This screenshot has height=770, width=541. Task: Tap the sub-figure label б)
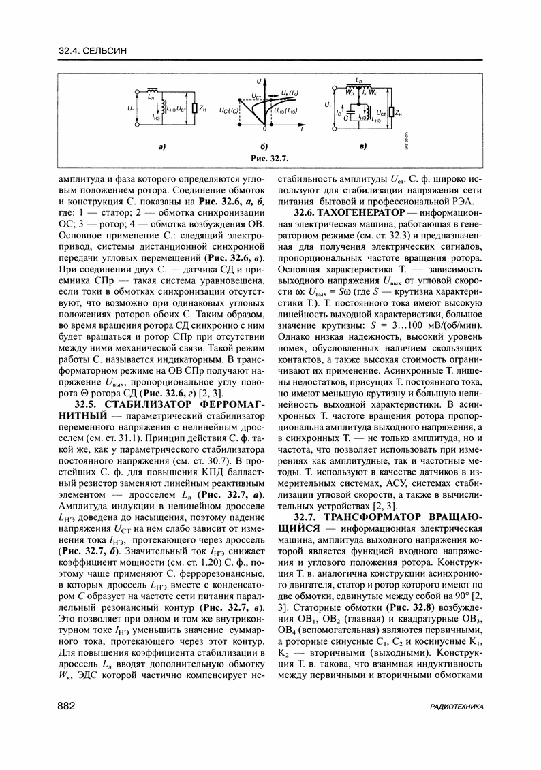tap(264, 146)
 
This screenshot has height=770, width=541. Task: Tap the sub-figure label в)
tap(362, 146)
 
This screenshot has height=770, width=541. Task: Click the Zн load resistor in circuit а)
tap(194, 108)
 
